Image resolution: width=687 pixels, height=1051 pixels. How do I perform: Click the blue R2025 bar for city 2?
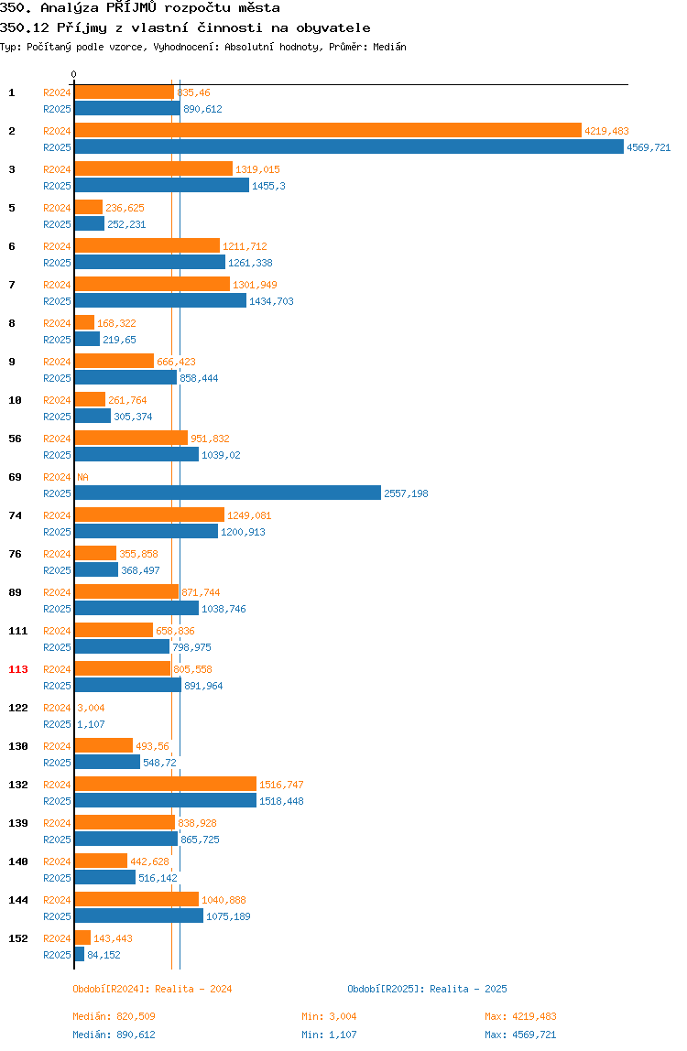(x=349, y=146)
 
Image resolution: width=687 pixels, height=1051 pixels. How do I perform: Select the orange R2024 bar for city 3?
(x=154, y=168)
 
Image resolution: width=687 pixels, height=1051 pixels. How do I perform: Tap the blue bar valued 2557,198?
(x=227, y=493)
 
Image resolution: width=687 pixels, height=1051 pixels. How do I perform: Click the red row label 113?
(x=18, y=669)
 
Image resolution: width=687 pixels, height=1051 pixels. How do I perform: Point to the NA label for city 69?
(x=82, y=477)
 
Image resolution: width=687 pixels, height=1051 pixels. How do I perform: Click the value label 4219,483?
(x=606, y=131)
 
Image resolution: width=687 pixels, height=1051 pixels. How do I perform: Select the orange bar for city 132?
(x=165, y=784)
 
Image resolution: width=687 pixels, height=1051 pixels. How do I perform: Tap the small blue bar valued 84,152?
(x=79, y=954)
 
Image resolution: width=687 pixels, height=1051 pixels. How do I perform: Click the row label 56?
(x=15, y=439)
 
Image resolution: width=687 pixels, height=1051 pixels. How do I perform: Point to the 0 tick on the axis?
(x=74, y=74)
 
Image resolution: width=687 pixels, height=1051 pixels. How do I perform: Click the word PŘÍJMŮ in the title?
(x=132, y=8)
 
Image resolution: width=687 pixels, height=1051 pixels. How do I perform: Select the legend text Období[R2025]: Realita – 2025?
(x=427, y=989)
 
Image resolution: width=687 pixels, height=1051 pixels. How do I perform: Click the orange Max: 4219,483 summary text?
(x=520, y=1016)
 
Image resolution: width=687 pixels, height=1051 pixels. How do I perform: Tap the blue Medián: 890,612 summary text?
(x=114, y=1035)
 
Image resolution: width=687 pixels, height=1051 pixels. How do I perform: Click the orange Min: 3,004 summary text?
(x=329, y=1016)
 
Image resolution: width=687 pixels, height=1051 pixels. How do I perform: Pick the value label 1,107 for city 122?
(x=91, y=724)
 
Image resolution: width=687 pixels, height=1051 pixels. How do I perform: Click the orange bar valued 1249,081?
(x=149, y=515)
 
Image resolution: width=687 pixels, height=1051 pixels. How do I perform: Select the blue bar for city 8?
(x=87, y=339)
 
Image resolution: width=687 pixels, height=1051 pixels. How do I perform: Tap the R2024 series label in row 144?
(x=57, y=900)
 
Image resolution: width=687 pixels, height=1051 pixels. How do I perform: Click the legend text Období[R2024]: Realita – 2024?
(x=152, y=989)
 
